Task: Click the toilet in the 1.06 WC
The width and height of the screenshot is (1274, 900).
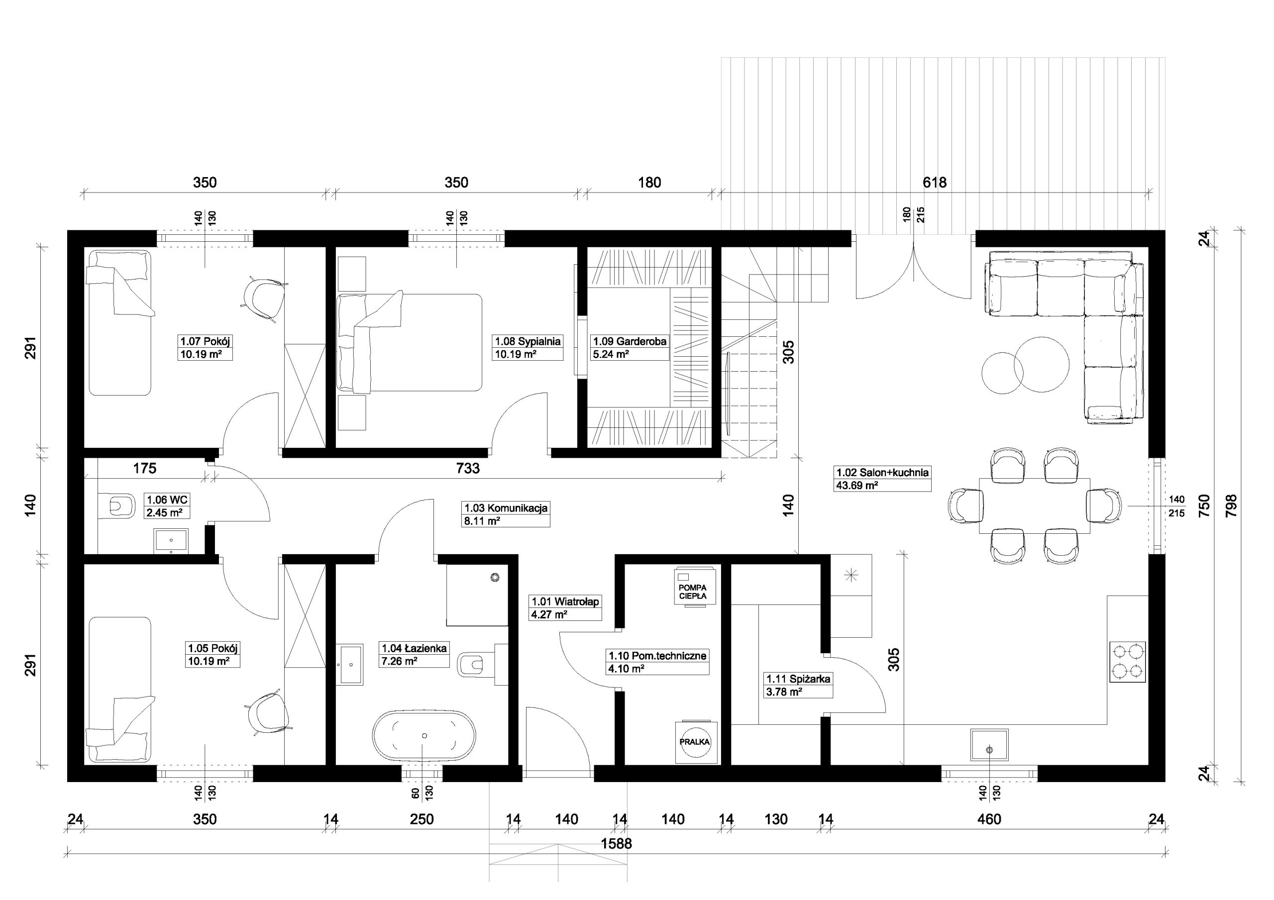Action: pyautogui.click(x=119, y=506)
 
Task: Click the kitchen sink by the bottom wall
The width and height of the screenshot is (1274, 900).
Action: pyautogui.click(x=989, y=745)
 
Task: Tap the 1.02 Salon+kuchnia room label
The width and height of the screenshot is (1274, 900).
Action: pyautogui.click(x=883, y=479)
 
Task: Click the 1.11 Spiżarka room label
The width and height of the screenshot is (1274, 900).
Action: pyautogui.click(x=798, y=685)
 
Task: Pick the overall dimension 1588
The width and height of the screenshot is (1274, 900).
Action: pyautogui.click(x=617, y=844)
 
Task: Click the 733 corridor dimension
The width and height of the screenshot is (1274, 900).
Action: pyautogui.click(x=468, y=468)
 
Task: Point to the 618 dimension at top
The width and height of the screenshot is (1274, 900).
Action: pyautogui.click(x=935, y=182)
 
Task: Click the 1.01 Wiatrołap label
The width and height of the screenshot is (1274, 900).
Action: pyautogui.click(x=565, y=608)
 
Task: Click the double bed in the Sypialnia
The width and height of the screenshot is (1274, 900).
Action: pyautogui.click(x=410, y=342)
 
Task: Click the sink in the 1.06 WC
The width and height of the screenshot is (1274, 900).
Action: pyautogui.click(x=171, y=541)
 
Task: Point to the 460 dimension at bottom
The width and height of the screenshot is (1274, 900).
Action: pyautogui.click(x=989, y=819)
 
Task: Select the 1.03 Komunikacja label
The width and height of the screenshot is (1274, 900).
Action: pyautogui.click(x=506, y=514)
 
